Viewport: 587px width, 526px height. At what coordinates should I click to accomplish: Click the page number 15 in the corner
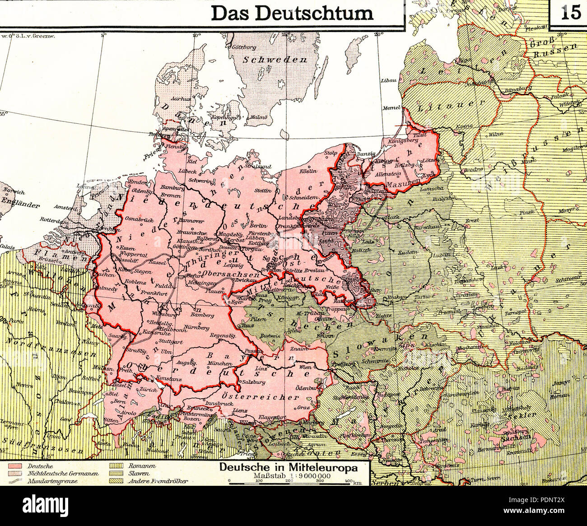[x=571, y=12]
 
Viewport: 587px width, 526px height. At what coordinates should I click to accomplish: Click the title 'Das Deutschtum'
[x=293, y=13]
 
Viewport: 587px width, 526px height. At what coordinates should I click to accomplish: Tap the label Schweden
[x=275, y=60]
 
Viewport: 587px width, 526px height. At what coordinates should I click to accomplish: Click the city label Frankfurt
[x=151, y=293]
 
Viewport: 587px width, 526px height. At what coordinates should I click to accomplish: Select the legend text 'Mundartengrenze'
[x=50, y=481]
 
